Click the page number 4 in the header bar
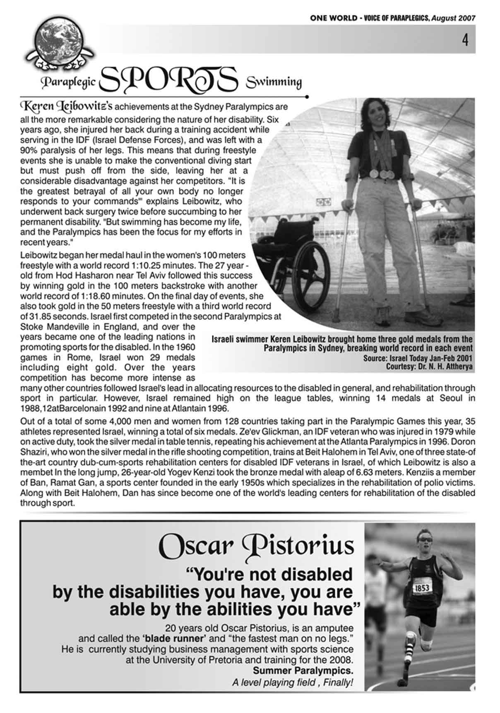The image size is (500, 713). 466,40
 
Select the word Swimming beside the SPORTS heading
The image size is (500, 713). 274,82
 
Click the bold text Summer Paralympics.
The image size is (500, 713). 303,670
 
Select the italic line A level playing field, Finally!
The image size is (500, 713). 292,682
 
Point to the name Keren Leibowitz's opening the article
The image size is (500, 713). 66,106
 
